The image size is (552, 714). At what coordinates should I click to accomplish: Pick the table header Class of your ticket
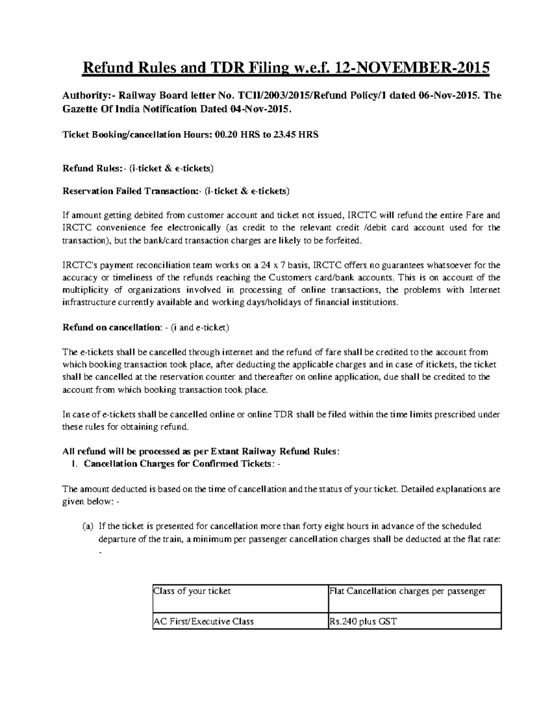(x=192, y=591)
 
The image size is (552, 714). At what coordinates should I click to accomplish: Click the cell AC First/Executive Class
(x=204, y=622)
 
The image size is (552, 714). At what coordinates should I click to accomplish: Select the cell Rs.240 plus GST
(x=363, y=622)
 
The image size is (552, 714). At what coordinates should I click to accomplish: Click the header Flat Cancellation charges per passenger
(x=408, y=591)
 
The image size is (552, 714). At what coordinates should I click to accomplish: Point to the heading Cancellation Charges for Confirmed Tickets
(x=178, y=463)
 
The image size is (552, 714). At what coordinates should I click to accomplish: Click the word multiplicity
(x=86, y=290)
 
